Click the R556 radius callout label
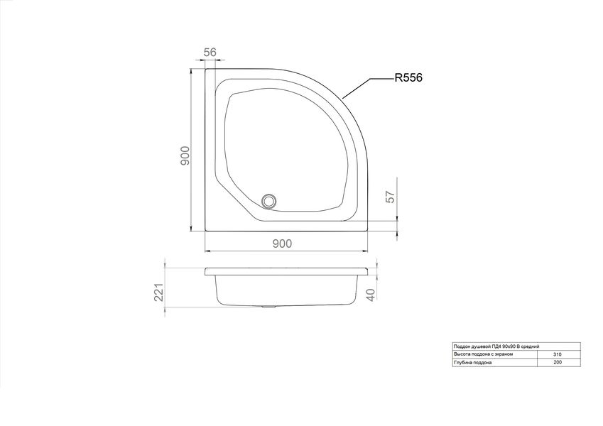click(x=408, y=77)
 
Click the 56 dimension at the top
click(x=210, y=52)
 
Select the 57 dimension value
click(x=391, y=197)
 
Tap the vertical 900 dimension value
click(x=185, y=155)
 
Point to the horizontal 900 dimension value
click(x=282, y=244)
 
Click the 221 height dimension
click(x=160, y=293)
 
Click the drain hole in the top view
click(x=269, y=201)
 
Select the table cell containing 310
click(x=558, y=354)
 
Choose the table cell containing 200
click(x=558, y=362)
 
